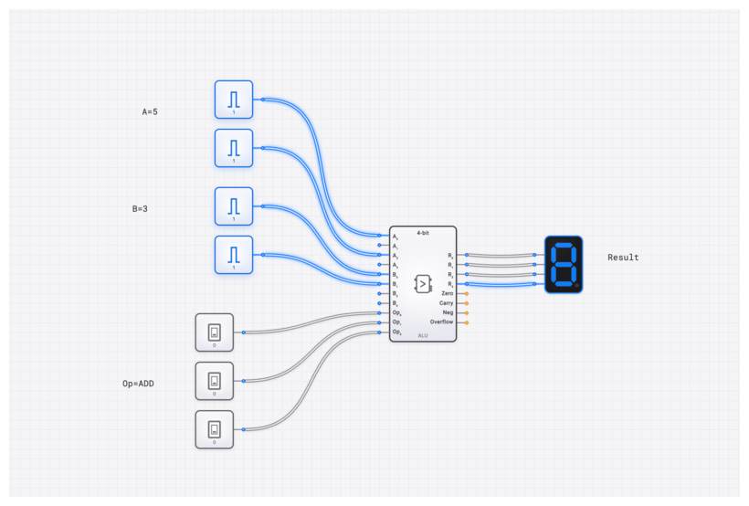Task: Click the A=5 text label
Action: [150, 111]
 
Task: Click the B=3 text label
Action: [140, 209]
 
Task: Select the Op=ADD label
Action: [138, 384]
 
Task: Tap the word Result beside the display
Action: [623, 258]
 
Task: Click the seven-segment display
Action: [564, 265]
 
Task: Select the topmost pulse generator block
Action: [234, 99]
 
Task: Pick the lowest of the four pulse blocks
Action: [234, 254]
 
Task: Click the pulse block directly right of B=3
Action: [234, 206]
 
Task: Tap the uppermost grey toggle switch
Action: [215, 332]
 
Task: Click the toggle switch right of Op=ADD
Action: [215, 381]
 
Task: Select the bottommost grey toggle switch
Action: [215, 429]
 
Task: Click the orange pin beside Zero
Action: [466, 293]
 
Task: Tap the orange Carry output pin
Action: [466, 303]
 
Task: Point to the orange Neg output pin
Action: [466, 312]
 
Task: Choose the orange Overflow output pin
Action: [466, 322]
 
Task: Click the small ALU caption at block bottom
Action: [423, 336]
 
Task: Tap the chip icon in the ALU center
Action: [423, 283]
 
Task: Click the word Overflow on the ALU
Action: [441, 322]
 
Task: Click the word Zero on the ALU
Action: [447, 293]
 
